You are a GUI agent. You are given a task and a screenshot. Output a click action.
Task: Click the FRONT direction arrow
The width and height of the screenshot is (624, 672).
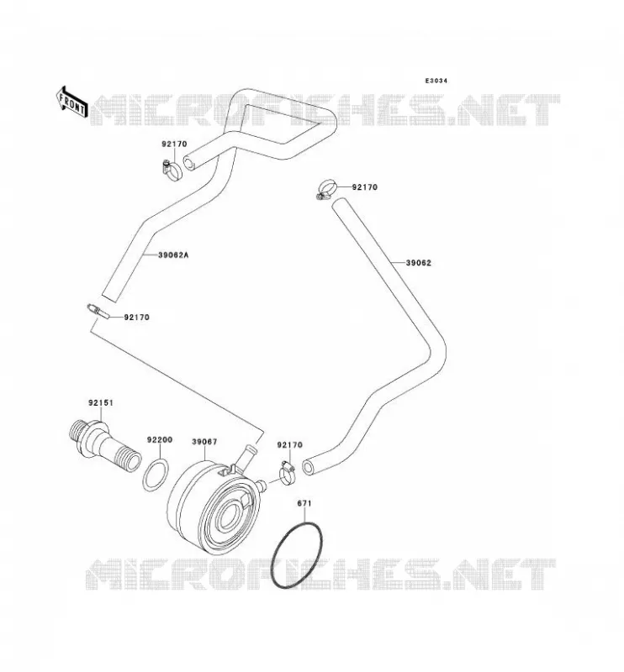(x=71, y=102)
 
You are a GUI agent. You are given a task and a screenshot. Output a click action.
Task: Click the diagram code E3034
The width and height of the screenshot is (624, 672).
(x=436, y=81)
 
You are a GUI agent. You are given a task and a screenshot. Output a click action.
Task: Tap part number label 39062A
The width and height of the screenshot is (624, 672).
(x=173, y=255)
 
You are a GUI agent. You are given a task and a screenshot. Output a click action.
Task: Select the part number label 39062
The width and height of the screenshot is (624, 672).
(x=419, y=263)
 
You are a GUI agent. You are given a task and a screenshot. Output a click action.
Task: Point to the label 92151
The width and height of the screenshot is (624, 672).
(x=101, y=403)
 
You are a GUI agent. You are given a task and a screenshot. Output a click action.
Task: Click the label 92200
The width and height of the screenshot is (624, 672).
(x=160, y=439)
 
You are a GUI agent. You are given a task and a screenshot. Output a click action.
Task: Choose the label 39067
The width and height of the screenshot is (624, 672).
(x=204, y=442)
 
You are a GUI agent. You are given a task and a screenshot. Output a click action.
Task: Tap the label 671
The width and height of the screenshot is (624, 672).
(x=304, y=503)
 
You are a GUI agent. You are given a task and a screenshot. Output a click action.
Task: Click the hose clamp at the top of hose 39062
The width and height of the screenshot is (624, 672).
(x=327, y=190)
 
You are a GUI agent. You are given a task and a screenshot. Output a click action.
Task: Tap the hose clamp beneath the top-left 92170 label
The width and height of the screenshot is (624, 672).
(x=172, y=171)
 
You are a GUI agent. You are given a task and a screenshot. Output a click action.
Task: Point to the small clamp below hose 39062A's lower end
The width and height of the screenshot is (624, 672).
(x=98, y=311)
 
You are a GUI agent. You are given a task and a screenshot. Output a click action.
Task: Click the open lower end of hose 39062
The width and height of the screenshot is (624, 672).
(x=308, y=468)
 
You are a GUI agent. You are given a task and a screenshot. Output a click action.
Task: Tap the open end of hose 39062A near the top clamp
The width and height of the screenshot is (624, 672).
(x=189, y=163)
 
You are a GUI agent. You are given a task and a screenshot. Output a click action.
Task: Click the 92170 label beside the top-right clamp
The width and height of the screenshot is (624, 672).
(x=365, y=187)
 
